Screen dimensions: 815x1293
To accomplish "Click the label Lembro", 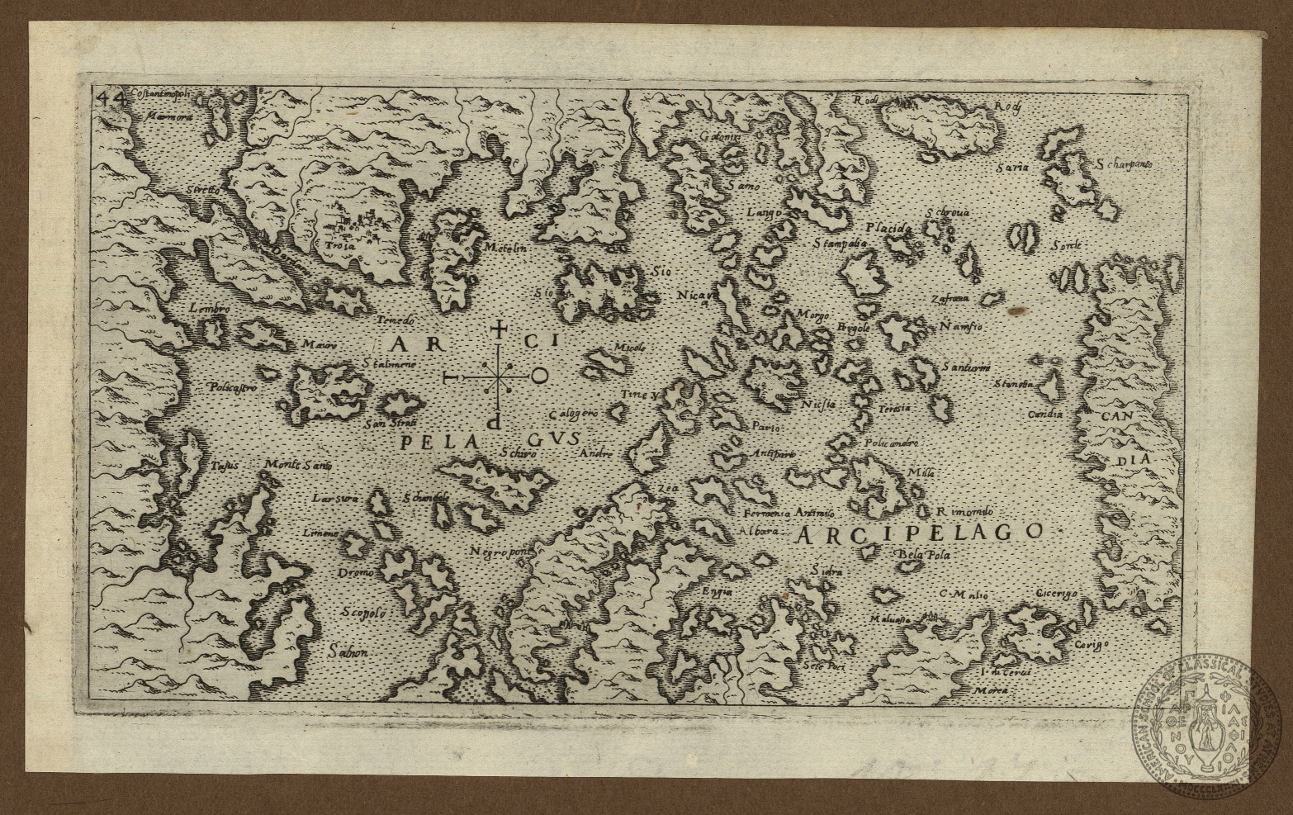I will tap(208, 307).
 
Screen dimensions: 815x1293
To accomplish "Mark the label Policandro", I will tap(891, 443).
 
